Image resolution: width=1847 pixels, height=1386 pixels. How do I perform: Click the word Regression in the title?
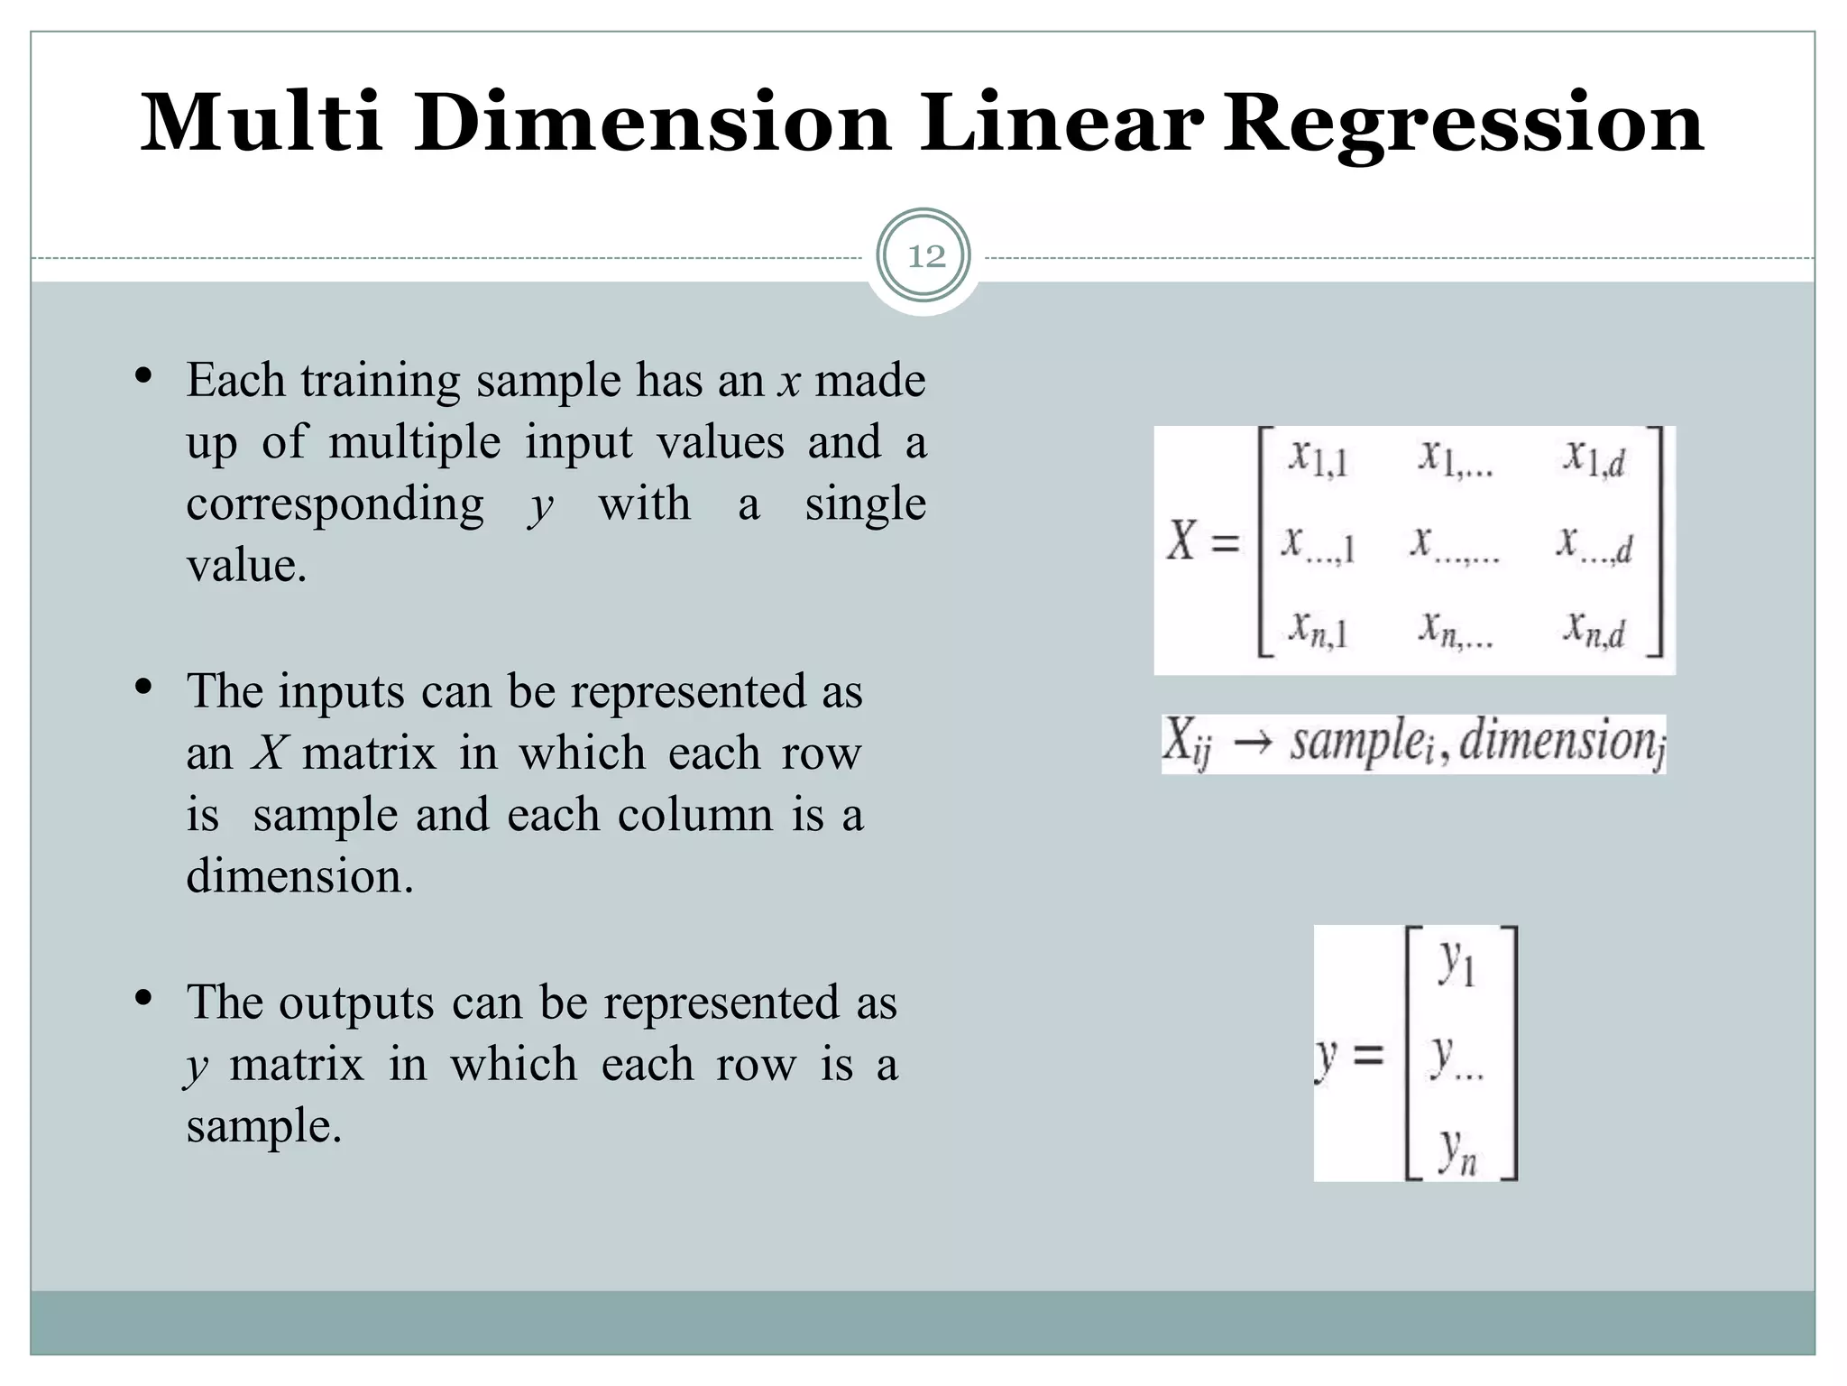pos(1463,125)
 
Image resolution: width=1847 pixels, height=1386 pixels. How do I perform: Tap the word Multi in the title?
pos(261,123)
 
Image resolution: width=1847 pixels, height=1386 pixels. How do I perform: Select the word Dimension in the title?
pos(653,123)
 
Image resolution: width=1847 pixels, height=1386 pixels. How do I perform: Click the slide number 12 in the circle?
pos(926,257)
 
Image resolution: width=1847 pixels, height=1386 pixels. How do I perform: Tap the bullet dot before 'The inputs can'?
pos(143,688)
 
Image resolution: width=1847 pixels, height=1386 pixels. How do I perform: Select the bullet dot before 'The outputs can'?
pos(143,1000)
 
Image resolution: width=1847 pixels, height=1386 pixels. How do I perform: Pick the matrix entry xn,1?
pos(1317,629)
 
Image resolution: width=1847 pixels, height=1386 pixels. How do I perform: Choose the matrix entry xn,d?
pos(1594,629)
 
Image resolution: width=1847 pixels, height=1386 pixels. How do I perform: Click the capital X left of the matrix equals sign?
pos(1181,541)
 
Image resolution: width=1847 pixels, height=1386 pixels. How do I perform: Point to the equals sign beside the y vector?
pos(1368,1054)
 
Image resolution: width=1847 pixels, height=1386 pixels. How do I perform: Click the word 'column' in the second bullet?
pos(695,814)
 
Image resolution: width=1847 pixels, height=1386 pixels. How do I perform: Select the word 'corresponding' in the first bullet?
pos(335,504)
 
